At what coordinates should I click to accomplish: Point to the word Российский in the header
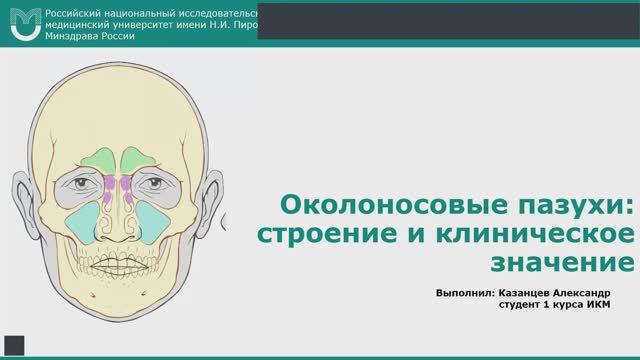(x=79, y=8)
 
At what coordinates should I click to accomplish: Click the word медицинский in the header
(x=91, y=21)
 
